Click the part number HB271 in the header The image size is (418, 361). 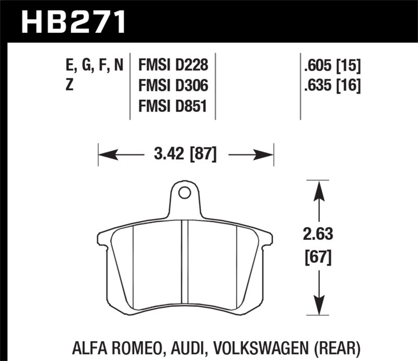click(73, 22)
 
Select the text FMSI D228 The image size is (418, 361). click(173, 65)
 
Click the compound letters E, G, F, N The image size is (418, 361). click(95, 66)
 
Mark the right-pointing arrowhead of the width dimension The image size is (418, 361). click(266, 155)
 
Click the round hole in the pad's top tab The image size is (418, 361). click(184, 193)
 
